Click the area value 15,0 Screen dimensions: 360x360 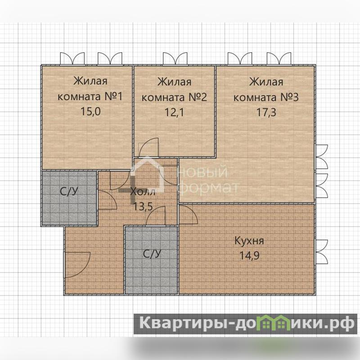click(90, 112)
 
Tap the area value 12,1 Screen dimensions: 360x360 click(174, 112)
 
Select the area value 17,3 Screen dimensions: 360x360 click(266, 112)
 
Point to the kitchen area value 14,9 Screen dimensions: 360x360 click(250, 256)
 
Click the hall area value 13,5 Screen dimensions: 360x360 click(143, 207)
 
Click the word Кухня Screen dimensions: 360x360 click(249, 241)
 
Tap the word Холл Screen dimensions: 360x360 click(143, 192)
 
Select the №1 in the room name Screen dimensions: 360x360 click(114, 96)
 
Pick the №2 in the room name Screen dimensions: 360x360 click(198, 97)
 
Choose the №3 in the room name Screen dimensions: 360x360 click(289, 97)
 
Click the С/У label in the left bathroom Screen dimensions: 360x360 click(69, 191)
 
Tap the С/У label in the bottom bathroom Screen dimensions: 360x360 click(152, 254)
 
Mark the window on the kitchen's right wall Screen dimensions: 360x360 click(321, 252)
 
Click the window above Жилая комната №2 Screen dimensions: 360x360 click(175, 59)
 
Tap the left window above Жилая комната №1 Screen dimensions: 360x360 click(72, 59)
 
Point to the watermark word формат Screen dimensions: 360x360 click(208, 188)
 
